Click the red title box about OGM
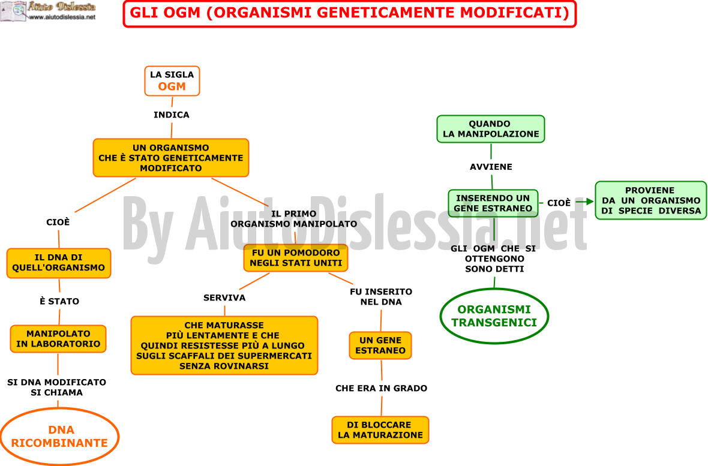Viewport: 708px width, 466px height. [x=349, y=14]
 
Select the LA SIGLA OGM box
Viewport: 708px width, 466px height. [x=172, y=81]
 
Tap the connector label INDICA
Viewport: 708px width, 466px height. [x=172, y=115]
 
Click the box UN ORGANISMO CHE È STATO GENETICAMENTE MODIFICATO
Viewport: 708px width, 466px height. [x=170, y=158]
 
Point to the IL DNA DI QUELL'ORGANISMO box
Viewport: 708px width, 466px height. [x=59, y=263]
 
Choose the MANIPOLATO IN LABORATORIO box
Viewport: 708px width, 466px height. [x=58, y=339]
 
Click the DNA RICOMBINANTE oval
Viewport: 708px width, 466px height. [x=59, y=436]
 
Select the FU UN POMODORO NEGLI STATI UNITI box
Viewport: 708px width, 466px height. [x=296, y=258]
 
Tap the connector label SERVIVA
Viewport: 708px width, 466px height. [x=224, y=297]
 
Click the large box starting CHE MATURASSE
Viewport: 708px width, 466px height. [x=224, y=345]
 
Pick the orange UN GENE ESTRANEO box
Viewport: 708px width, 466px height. [x=380, y=345]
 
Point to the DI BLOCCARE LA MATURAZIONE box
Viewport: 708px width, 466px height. [x=380, y=430]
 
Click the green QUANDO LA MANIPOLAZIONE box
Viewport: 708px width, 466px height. [x=491, y=129]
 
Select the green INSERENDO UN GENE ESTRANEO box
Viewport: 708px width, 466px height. [x=493, y=203]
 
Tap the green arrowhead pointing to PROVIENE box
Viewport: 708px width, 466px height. [x=590, y=202]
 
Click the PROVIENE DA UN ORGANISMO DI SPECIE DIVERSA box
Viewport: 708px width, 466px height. [x=650, y=200]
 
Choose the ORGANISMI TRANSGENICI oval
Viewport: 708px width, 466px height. [x=494, y=316]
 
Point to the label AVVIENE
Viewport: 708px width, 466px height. [x=491, y=167]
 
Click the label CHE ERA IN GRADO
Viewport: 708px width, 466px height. [x=381, y=389]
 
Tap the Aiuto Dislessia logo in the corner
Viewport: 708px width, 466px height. [x=49, y=11]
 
